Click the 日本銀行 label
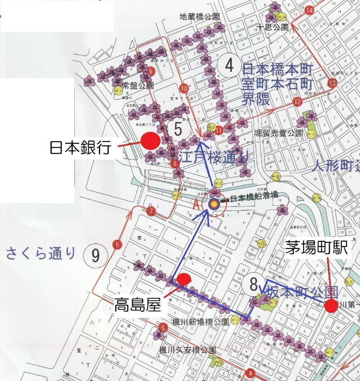point(81,147)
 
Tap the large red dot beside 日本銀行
point(151,140)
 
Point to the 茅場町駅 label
point(316,248)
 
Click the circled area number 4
point(229,65)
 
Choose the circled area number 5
point(178,129)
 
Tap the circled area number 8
point(253,285)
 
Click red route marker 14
point(309,10)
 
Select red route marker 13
point(332,83)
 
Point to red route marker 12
point(298,102)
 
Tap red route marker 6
point(117,245)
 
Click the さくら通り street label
point(41,253)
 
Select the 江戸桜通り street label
point(214,157)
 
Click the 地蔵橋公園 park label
point(199,17)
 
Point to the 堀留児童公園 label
point(278,133)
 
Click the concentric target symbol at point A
point(213,204)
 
